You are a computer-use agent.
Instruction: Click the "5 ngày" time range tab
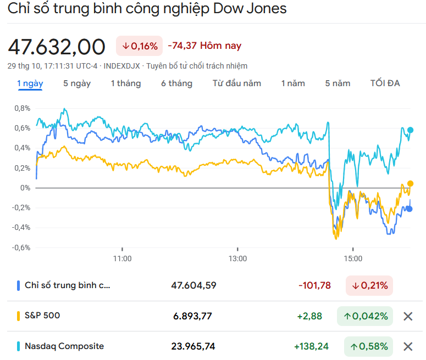tap(77, 83)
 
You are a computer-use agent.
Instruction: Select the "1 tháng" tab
tap(125, 83)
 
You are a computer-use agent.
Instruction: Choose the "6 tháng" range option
tap(176, 83)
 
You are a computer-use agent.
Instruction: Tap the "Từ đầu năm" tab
tap(237, 83)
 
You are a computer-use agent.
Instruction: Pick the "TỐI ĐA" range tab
tap(385, 83)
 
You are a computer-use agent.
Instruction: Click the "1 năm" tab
tap(293, 83)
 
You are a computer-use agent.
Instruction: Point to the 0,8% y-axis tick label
tap(22, 108)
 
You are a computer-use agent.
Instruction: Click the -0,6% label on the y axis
tap(21, 247)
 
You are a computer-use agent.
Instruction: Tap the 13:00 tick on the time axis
tap(237, 258)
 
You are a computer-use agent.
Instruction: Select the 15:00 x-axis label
tap(353, 258)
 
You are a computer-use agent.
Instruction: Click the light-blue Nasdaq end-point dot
tap(410, 130)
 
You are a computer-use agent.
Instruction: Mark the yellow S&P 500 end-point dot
tap(410, 184)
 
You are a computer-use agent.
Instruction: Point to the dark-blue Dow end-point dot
tap(409, 209)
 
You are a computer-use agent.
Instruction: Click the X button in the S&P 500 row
tap(408, 316)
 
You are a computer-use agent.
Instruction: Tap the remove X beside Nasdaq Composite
tap(408, 346)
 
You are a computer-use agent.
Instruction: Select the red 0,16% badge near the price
tap(140, 46)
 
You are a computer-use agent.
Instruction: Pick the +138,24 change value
tap(312, 346)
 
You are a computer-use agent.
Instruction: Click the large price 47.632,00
tap(56, 47)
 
